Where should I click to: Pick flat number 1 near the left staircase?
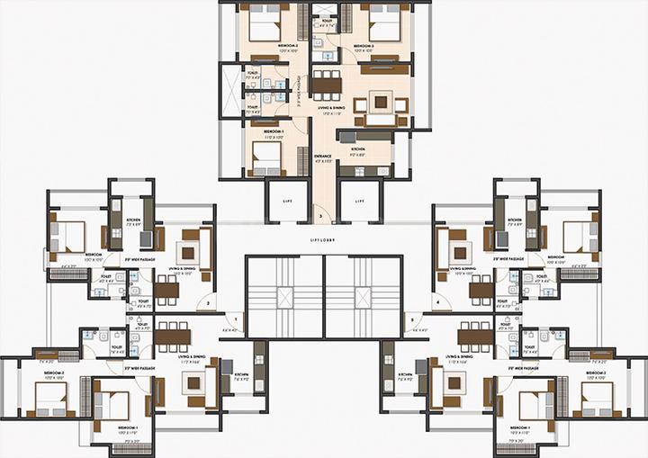(x=239, y=319)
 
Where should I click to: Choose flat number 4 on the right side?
(x=438, y=303)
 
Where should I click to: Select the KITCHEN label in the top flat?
(x=357, y=148)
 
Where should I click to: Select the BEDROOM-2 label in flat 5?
(x=595, y=372)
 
